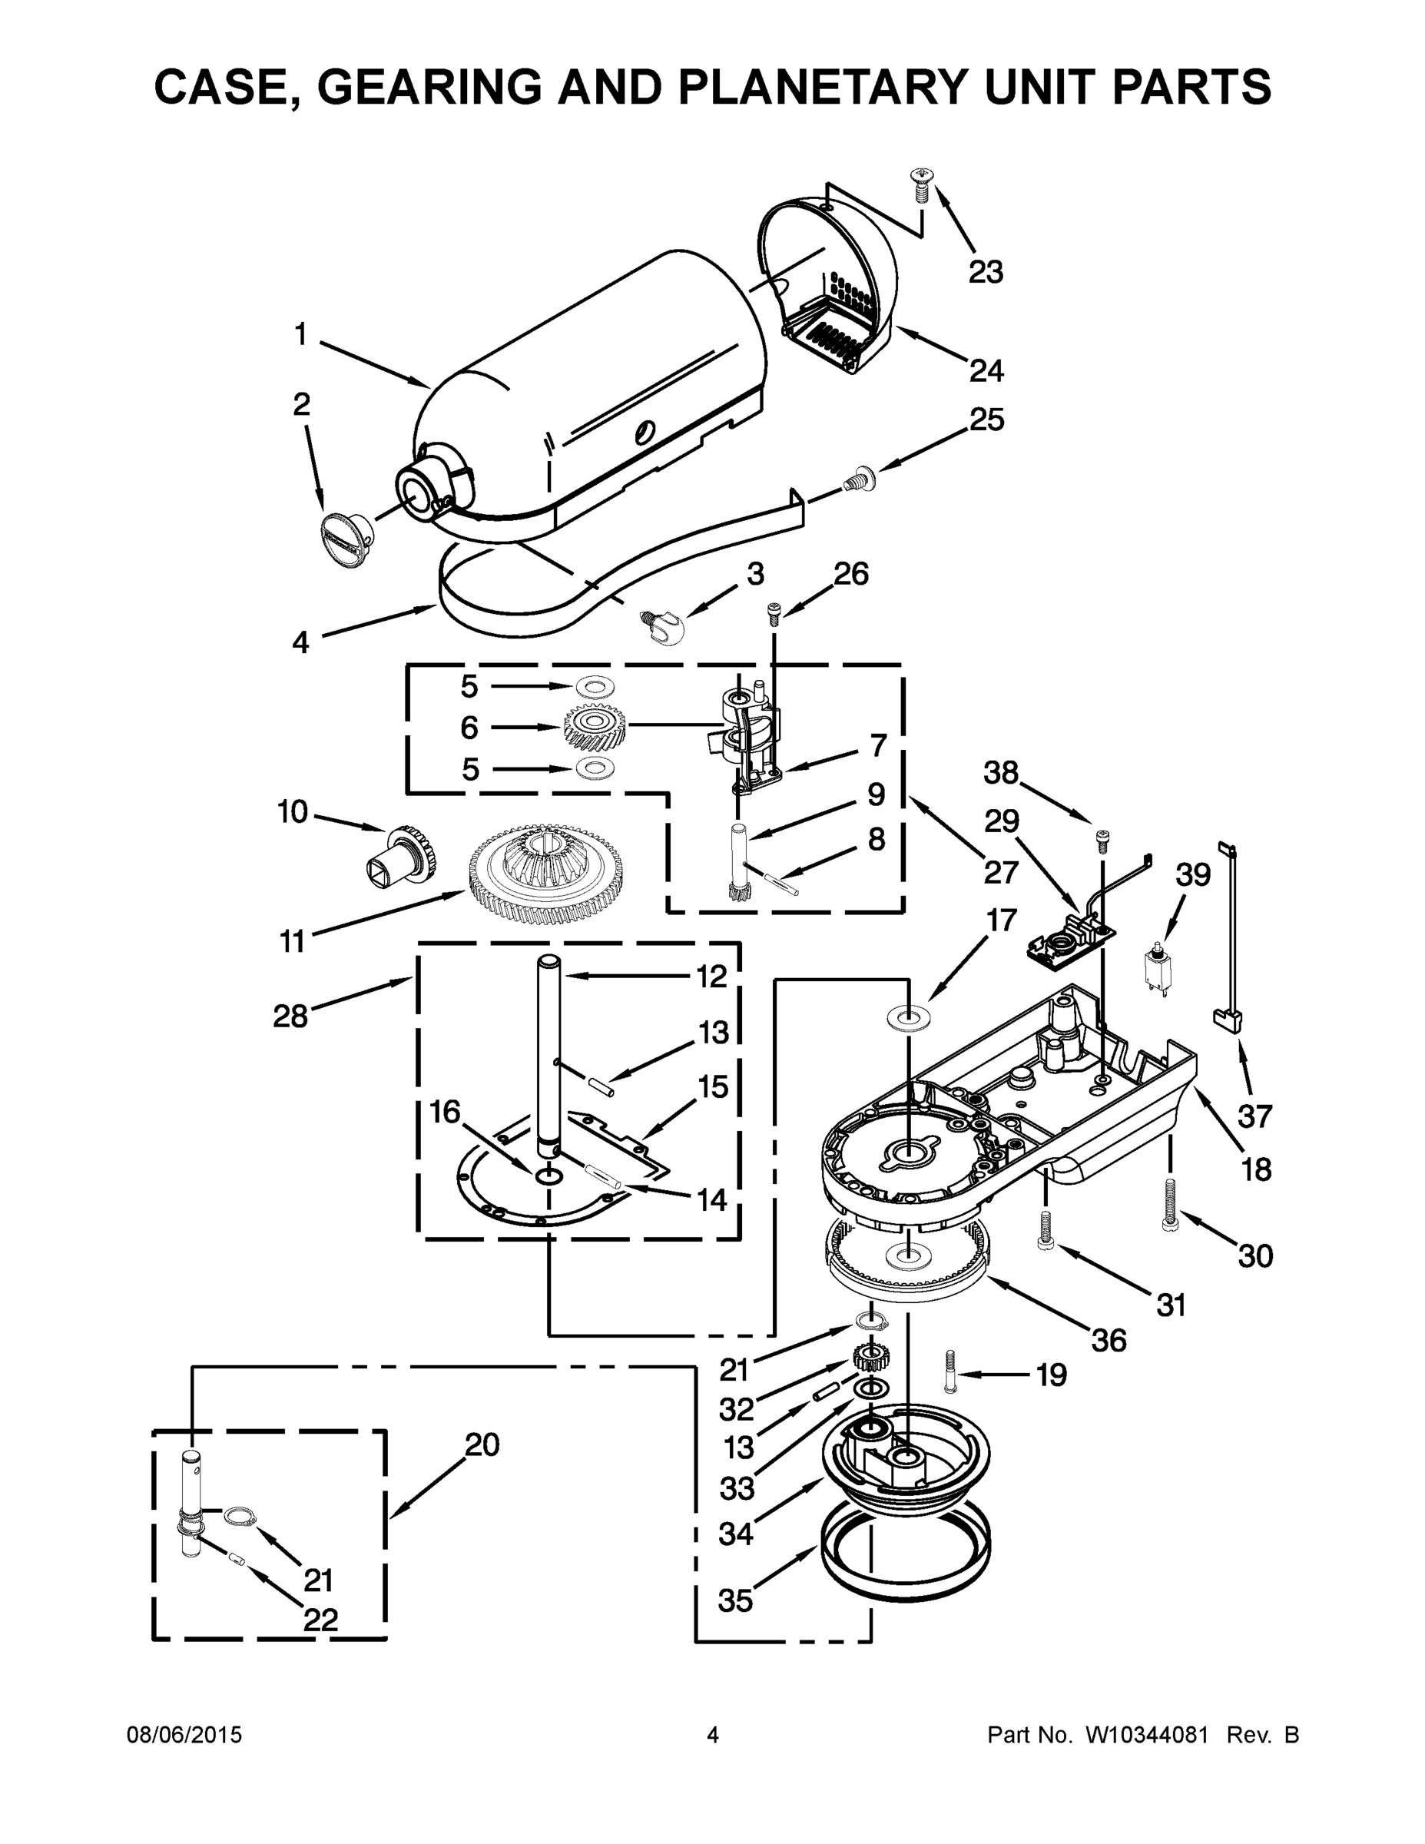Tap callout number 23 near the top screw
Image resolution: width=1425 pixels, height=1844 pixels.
point(984,272)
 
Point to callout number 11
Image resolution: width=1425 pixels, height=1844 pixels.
point(292,940)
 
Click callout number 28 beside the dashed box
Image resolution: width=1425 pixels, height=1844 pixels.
point(290,1016)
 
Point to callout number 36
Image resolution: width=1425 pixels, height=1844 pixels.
point(1109,1340)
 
